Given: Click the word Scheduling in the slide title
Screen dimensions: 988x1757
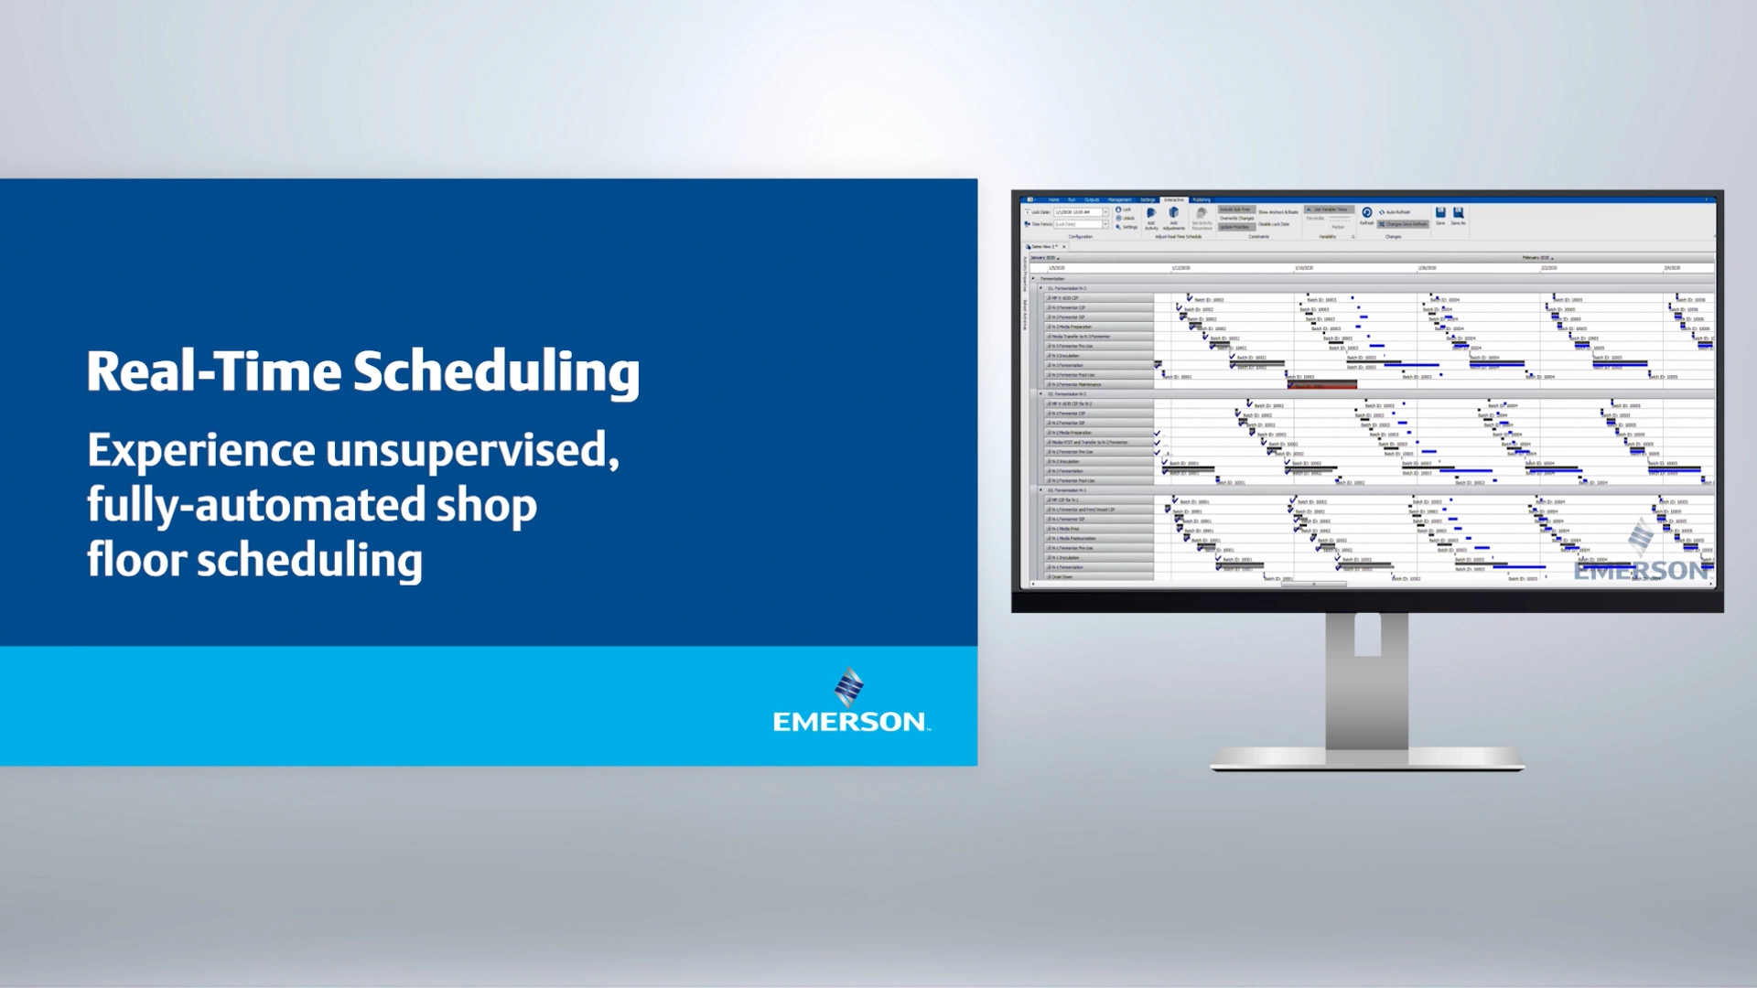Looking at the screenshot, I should click(496, 373).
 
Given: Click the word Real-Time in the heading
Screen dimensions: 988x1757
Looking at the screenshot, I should click(213, 371).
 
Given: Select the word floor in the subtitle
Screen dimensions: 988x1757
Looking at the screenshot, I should click(136, 560).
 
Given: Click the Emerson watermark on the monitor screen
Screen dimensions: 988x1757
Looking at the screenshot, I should click(1642, 558).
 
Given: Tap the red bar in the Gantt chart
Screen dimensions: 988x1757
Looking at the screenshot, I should click(1322, 385).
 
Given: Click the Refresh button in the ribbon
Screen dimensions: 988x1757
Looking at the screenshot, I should click(1366, 215).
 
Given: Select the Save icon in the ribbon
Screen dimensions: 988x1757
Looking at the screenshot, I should click(1439, 215).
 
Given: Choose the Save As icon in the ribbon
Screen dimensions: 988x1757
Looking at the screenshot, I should click(1458, 215).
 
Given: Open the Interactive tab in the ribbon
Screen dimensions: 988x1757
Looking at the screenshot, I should click(1174, 199).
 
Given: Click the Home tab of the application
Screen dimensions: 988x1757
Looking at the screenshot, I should click(1053, 199).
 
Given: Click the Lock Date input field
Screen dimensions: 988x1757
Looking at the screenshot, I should click(1077, 212).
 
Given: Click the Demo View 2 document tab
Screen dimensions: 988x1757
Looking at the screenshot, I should click(1043, 247).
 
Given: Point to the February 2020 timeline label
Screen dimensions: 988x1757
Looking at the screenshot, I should click(1537, 258).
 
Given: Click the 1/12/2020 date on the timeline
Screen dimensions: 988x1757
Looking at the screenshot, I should click(1180, 268).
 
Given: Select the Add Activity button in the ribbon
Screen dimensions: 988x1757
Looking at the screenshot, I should click(1151, 217).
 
